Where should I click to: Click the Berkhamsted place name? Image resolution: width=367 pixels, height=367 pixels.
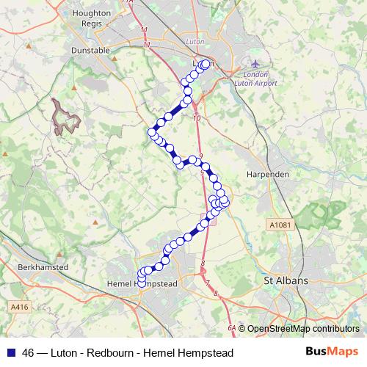point(42,267)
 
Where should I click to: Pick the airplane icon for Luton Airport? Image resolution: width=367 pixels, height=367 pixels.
point(255,63)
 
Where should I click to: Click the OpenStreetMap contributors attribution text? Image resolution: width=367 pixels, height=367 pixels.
point(302,329)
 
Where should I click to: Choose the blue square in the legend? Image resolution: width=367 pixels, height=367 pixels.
point(12,353)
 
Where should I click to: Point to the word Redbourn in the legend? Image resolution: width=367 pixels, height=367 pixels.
point(110,353)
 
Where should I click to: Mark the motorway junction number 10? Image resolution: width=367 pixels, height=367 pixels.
point(196,117)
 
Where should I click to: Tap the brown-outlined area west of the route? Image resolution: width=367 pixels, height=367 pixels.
point(65,117)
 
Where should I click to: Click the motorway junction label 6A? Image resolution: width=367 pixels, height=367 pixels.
point(232,328)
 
